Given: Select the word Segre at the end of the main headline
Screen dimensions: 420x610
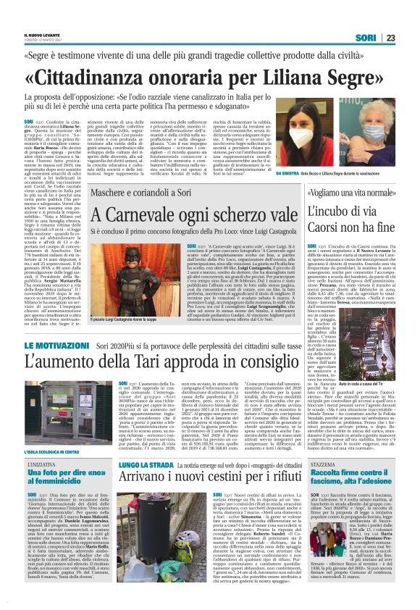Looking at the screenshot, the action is [359, 77].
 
